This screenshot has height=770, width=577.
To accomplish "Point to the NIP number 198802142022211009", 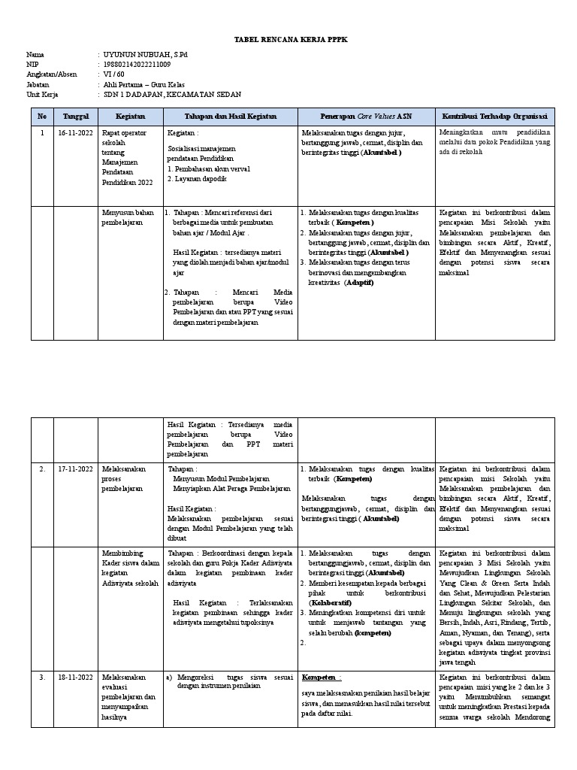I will pyautogui.click(x=137, y=65).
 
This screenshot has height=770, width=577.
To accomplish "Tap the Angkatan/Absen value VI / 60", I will pyautogui.click(x=114, y=74).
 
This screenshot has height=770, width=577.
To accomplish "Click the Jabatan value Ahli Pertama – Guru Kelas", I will pyautogui.click(x=143, y=85).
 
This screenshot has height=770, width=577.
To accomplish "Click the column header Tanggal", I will pyautogui.click(x=76, y=117).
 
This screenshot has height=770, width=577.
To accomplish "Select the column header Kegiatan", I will pyautogui.click(x=130, y=117).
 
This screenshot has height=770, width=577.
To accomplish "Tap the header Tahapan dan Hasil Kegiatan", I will pyautogui.click(x=231, y=117).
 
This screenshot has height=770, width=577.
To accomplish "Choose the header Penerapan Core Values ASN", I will pyautogui.click(x=367, y=117).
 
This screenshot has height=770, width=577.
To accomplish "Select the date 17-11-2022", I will pyautogui.click(x=76, y=469).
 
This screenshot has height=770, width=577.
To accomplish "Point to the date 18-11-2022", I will pyautogui.click(x=76, y=677).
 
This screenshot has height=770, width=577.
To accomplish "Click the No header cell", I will pyautogui.click(x=42, y=117).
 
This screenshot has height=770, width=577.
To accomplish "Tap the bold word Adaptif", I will pyautogui.click(x=359, y=283).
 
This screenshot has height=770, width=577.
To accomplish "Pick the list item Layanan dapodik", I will pyautogui.click(x=199, y=179).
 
